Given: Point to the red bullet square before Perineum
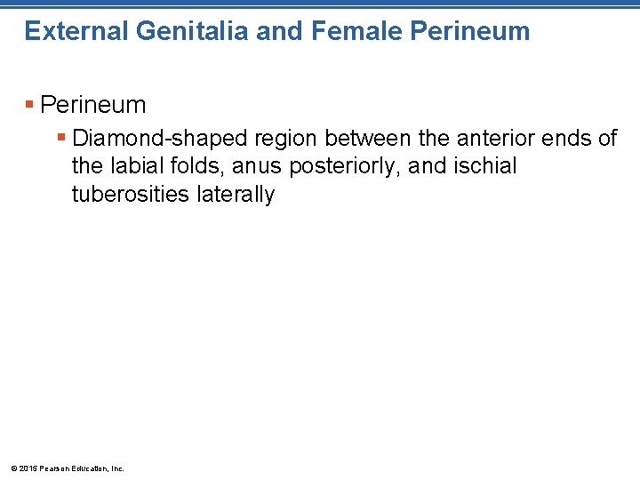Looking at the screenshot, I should (x=30, y=105).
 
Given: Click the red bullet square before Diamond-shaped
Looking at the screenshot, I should (x=61, y=139).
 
